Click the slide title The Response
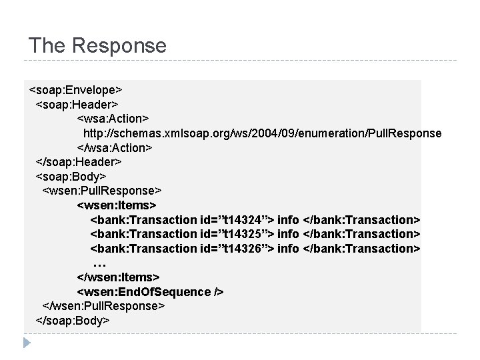(x=97, y=45)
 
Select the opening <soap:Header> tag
(x=77, y=104)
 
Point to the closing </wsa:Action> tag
(x=115, y=147)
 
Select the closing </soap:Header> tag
(x=79, y=162)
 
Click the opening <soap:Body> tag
(x=71, y=176)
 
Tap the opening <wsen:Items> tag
(x=117, y=205)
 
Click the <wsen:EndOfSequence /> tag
(x=151, y=292)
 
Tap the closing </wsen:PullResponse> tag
(x=103, y=306)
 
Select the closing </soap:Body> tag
(x=73, y=321)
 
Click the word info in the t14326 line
(x=288, y=249)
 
